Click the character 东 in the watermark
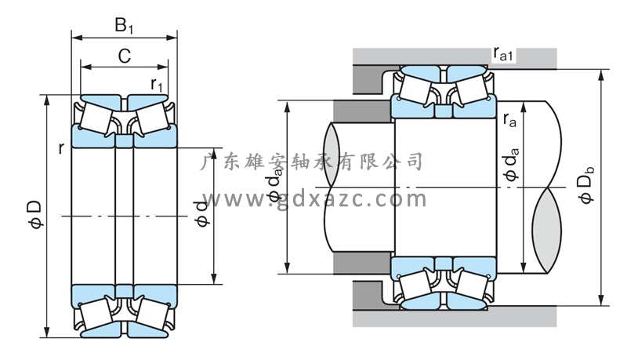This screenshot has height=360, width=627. tap(235, 162)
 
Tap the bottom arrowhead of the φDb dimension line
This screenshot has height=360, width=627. tap(601, 299)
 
